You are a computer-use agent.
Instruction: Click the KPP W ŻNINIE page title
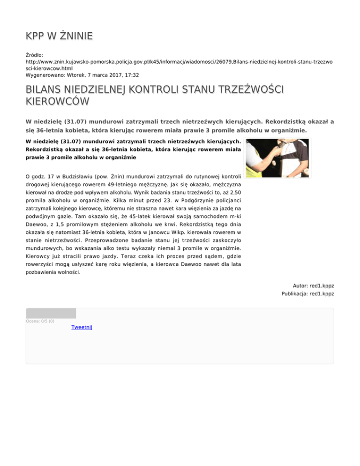(59, 36)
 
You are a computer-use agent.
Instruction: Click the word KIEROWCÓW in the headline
(58, 101)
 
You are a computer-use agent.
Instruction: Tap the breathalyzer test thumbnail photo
(277, 158)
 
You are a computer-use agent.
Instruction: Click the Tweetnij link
(82, 327)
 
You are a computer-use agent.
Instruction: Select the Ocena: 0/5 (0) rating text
(40, 321)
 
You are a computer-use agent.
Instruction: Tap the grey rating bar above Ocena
(51, 313)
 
